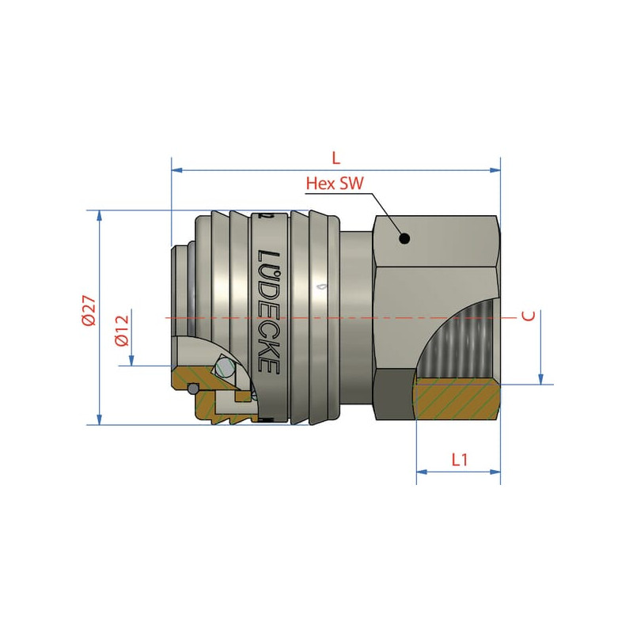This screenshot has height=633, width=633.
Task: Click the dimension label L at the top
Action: (x=335, y=157)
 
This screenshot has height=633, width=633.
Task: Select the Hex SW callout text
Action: (x=335, y=184)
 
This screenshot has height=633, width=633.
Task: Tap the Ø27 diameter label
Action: (x=89, y=310)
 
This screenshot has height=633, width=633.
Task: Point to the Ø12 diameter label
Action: (x=121, y=331)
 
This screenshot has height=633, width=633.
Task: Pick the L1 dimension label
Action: (x=460, y=460)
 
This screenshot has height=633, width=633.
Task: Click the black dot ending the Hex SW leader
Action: (x=404, y=239)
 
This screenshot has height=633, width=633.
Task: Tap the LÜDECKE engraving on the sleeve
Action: (x=268, y=312)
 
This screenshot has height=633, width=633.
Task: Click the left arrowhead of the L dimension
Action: (x=176, y=170)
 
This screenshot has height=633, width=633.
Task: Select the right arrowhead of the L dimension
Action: (x=495, y=170)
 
